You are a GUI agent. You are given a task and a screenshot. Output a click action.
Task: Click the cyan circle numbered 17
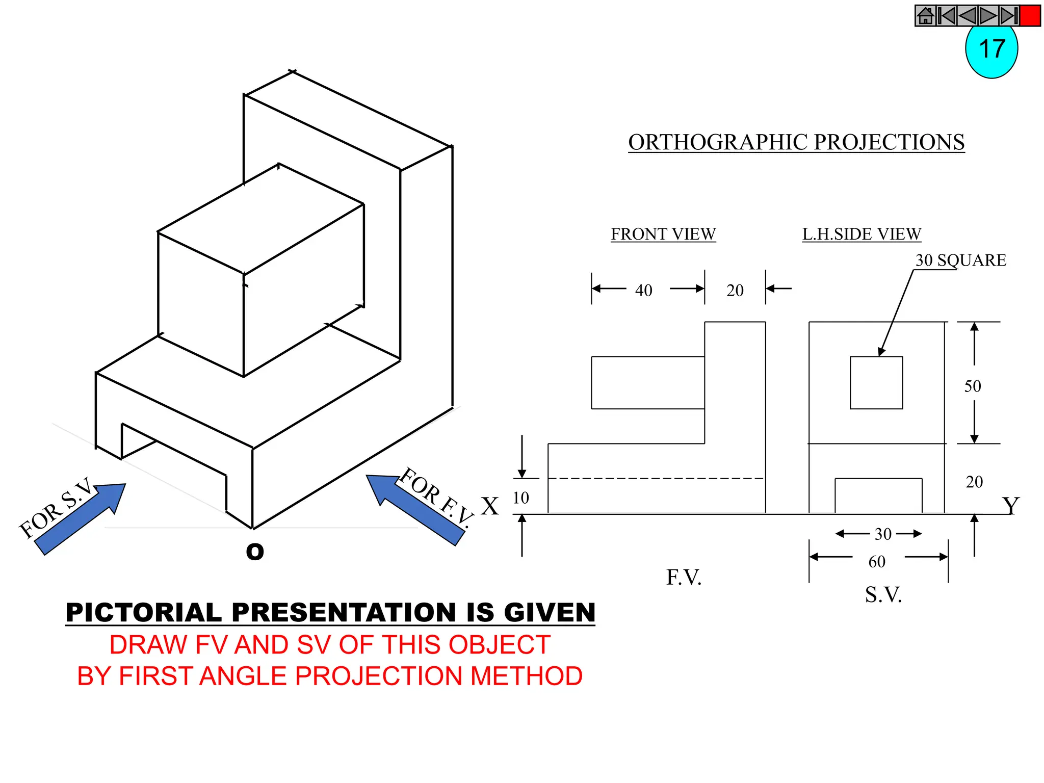point(991,51)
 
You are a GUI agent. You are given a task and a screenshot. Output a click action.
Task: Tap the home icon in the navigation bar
point(925,16)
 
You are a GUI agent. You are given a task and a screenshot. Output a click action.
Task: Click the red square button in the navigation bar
point(1030,16)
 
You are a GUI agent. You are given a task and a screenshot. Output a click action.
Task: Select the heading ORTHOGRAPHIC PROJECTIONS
point(796,142)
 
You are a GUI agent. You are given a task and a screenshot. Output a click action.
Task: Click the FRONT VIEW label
point(663,234)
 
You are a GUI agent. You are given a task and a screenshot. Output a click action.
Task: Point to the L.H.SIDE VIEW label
point(862,234)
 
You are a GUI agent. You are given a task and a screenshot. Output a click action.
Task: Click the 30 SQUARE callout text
point(960,260)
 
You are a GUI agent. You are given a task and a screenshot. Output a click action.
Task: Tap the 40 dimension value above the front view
point(643,290)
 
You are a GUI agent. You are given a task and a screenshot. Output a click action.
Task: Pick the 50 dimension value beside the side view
point(972,386)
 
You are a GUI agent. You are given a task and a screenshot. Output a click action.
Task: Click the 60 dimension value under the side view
point(877,561)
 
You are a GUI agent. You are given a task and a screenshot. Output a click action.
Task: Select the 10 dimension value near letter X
point(520,498)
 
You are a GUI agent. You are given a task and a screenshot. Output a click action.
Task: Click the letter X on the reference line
point(490,506)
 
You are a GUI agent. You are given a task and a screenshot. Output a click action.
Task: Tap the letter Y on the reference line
point(1010,506)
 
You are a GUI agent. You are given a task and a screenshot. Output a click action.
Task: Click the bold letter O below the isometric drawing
point(255,551)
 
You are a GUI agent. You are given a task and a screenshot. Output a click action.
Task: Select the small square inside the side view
point(876,382)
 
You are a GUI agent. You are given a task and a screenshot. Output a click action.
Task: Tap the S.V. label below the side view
point(883,594)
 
